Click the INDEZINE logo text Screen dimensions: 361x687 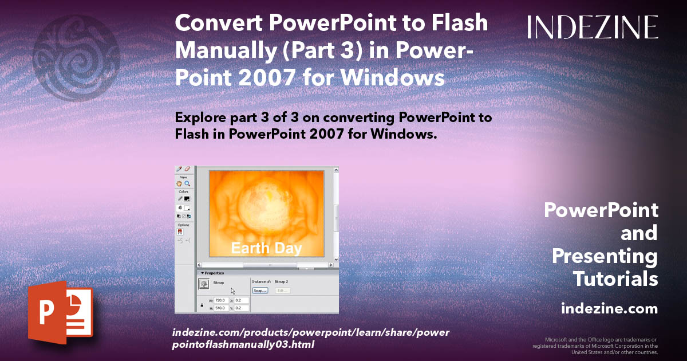[593, 27]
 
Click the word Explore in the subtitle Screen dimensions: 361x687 [200, 118]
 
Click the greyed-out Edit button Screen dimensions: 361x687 [282, 291]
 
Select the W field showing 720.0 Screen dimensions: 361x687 [220, 300]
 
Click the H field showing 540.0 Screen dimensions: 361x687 [220, 308]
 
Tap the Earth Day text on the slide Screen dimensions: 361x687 [266, 248]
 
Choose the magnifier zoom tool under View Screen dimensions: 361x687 [187, 184]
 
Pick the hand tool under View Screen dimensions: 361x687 [179, 184]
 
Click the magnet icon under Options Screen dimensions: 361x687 [180, 232]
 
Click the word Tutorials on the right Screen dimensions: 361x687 [615, 279]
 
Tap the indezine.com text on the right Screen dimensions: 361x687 [609, 309]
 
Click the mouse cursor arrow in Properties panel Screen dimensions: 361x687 [233, 291]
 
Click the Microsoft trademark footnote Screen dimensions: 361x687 [595, 346]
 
